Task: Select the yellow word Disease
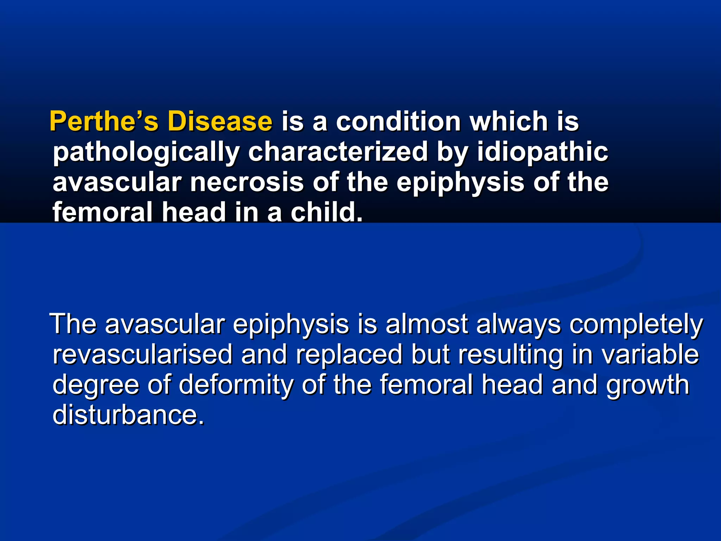tap(220, 121)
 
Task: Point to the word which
tap(509, 121)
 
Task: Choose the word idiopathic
tap(543, 152)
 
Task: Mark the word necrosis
tap(247, 182)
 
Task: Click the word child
tap(326, 212)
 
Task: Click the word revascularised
tap(143, 354)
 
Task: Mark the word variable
tap(650, 354)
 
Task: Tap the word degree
tap(96, 385)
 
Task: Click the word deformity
tap(236, 385)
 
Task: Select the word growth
tap(647, 385)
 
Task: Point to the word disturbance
tap(128, 415)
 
